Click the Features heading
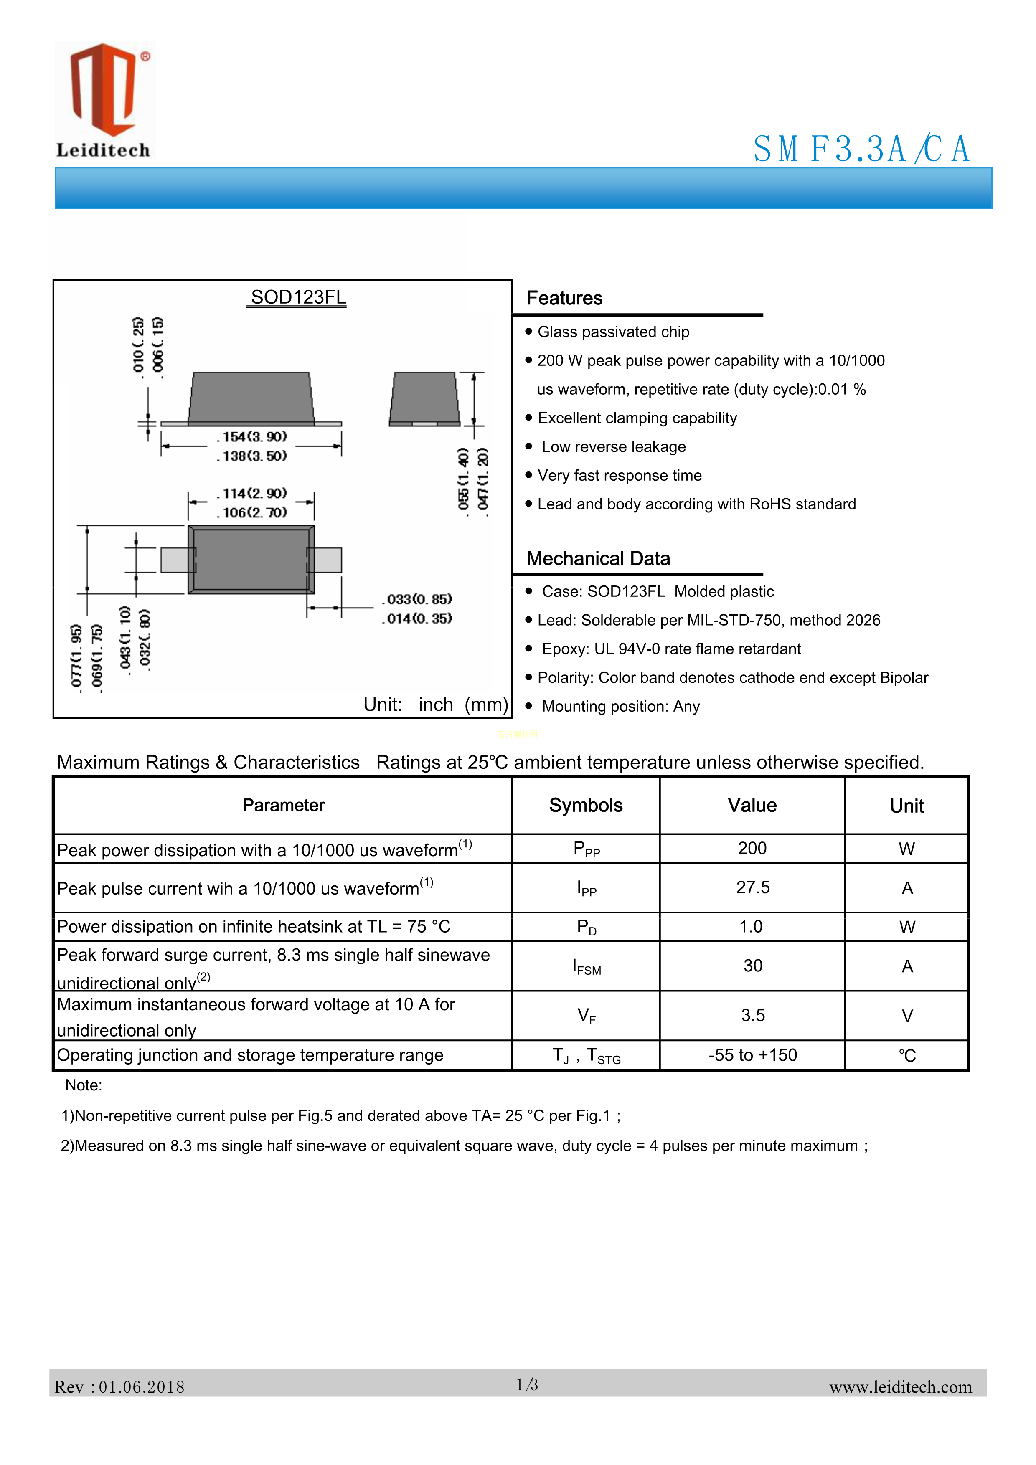coord(564,298)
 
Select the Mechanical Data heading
coord(598,558)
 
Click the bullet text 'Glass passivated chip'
coord(613,332)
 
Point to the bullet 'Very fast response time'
coord(619,475)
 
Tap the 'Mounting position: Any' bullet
coord(620,706)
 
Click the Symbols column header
coord(585,805)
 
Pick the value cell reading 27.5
coord(753,887)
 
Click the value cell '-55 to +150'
coord(753,1055)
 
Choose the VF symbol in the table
coord(587,1016)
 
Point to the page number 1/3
coord(527,1384)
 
